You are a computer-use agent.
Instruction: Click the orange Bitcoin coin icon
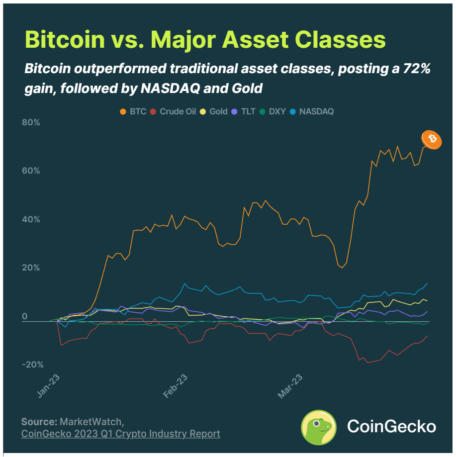coord(431,139)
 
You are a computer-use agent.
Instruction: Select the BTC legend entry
coord(134,111)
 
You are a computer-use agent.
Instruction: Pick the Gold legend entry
coord(214,111)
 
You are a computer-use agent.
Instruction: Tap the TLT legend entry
coord(247,111)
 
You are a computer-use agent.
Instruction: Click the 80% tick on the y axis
coord(30,122)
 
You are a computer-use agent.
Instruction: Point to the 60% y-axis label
coord(30,171)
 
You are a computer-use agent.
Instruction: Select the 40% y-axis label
coord(30,219)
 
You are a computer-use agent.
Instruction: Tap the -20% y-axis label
coord(32,365)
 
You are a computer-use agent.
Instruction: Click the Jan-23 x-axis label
coord(49,385)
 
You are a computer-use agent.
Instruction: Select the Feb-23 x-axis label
coord(176,385)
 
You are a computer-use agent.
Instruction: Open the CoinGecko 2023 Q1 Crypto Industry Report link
coord(120,434)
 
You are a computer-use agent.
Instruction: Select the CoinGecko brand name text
coord(391,427)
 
